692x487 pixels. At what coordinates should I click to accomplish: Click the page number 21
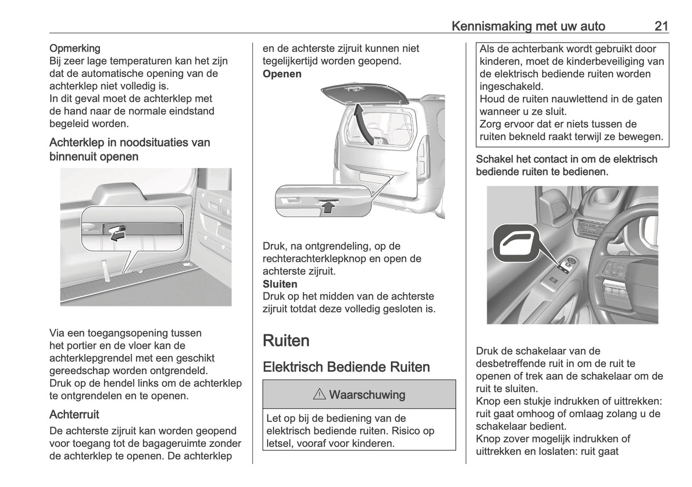click(x=661, y=26)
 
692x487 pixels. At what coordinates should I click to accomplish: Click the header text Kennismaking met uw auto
click(x=528, y=26)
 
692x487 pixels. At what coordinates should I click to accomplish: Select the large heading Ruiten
click(x=286, y=341)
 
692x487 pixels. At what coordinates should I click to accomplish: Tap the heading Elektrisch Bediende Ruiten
click(x=346, y=367)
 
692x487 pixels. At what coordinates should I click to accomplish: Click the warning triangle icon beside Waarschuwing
click(x=319, y=395)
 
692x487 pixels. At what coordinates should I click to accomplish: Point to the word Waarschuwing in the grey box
click(x=367, y=395)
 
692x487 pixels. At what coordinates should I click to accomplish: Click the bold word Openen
click(x=282, y=74)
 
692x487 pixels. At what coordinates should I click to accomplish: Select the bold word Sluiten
click(x=280, y=284)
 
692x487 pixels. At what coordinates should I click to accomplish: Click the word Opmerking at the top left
click(x=75, y=48)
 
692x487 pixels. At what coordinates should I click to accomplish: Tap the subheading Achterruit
click(x=74, y=414)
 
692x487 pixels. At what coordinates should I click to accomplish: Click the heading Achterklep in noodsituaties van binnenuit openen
click(x=129, y=149)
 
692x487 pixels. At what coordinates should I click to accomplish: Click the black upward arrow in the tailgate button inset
click(x=328, y=206)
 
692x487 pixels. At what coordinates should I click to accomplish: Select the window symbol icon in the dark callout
click(x=513, y=243)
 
